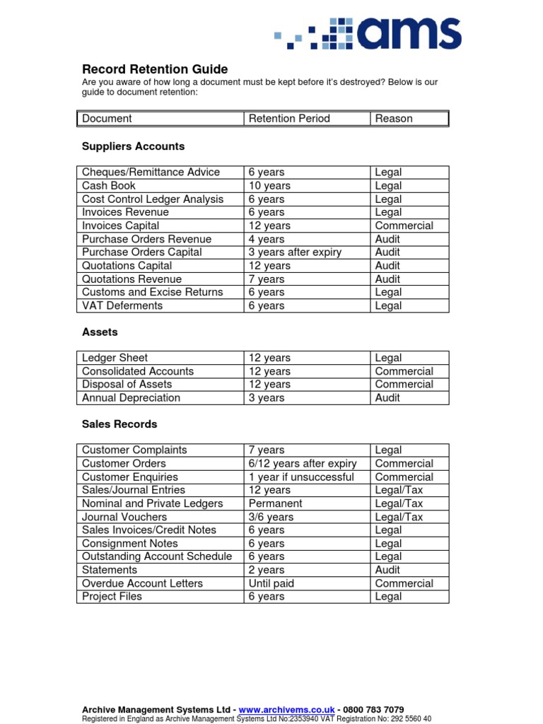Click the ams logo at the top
pyautogui.click(x=368, y=33)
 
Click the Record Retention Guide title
pyautogui.click(x=155, y=69)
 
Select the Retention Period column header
pyautogui.click(x=289, y=119)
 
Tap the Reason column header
pyautogui.click(x=394, y=119)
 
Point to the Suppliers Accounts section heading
pyautogui.click(x=133, y=146)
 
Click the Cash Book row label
pyautogui.click(x=109, y=186)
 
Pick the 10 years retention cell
pyautogui.click(x=269, y=186)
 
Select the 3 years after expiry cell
pyautogui.click(x=295, y=252)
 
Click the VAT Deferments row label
pyautogui.click(x=122, y=305)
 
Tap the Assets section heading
pyautogui.click(x=100, y=332)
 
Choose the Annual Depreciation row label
pyautogui.click(x=131, y=398)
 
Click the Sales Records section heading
pyautogui.click(x=119, y=424)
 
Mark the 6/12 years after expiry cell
pyautogui.click(x=303, y=464)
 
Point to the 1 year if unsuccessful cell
pyautogui.click(x=301, y=477)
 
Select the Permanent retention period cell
pyautogui.click(x=275, y=503)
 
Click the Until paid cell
pyautogui.click(x=271, y=583)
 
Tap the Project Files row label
pyautogui.click(x=112, y=597)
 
